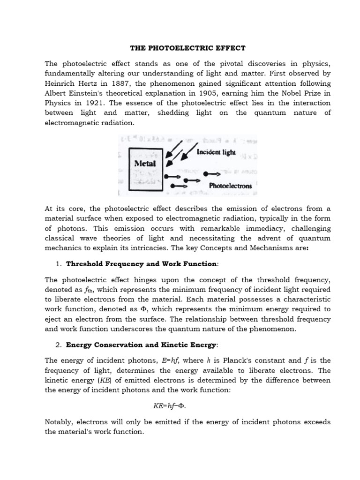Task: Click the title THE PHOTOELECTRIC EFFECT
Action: (187, 48)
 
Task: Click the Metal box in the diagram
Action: (145, 164)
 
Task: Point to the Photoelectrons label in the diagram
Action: (231, 186)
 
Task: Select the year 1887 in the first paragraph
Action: (119, 83)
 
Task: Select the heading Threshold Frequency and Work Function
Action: (141, 264)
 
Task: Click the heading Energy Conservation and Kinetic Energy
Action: (141, 345)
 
